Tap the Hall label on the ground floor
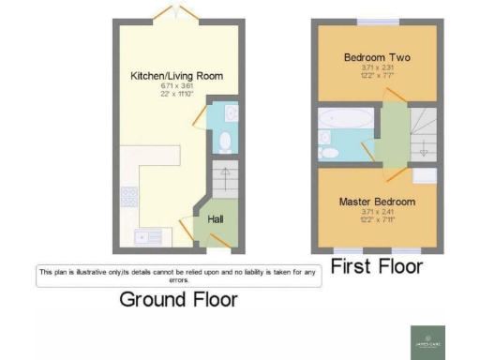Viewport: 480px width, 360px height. tap(215, 219)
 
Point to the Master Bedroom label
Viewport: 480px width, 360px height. tap(377, 202)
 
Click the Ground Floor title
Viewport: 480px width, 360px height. tap(178, 300)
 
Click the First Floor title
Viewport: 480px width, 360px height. tap(377, 265)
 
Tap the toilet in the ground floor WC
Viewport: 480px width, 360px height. tap(223, 142)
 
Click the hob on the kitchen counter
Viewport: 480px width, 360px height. tap(128, 197)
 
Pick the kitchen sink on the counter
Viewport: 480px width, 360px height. tap(150, 237)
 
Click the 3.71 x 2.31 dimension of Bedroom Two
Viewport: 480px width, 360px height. tap(377, 67)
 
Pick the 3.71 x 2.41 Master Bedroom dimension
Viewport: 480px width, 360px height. tap(377, 212)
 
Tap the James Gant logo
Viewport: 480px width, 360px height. tap(431, 339)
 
